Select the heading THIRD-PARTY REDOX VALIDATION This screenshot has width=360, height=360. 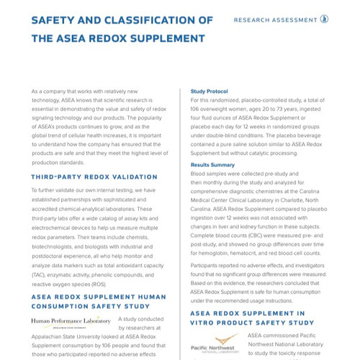click(94, 176)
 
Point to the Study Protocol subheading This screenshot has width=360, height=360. click(210, 91)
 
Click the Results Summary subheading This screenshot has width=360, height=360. click(212, 165)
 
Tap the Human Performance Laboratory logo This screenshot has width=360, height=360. click(71, 321)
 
